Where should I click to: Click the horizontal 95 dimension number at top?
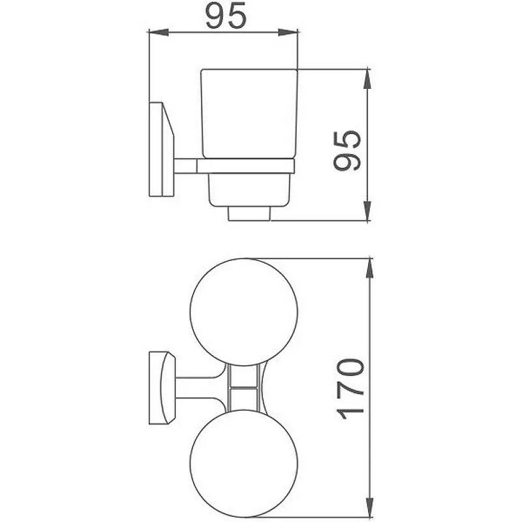(226, 15)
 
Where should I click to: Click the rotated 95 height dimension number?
(347, 151)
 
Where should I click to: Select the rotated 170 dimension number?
(350, 389)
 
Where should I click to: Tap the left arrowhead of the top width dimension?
(159, 32)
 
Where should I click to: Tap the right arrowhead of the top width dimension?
(288, 32)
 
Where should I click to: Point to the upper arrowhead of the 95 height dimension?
(367, 79)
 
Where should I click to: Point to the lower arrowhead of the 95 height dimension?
(367, 211)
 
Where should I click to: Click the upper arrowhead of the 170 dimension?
(369, 268)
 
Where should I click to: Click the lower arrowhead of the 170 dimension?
(369, 508)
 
